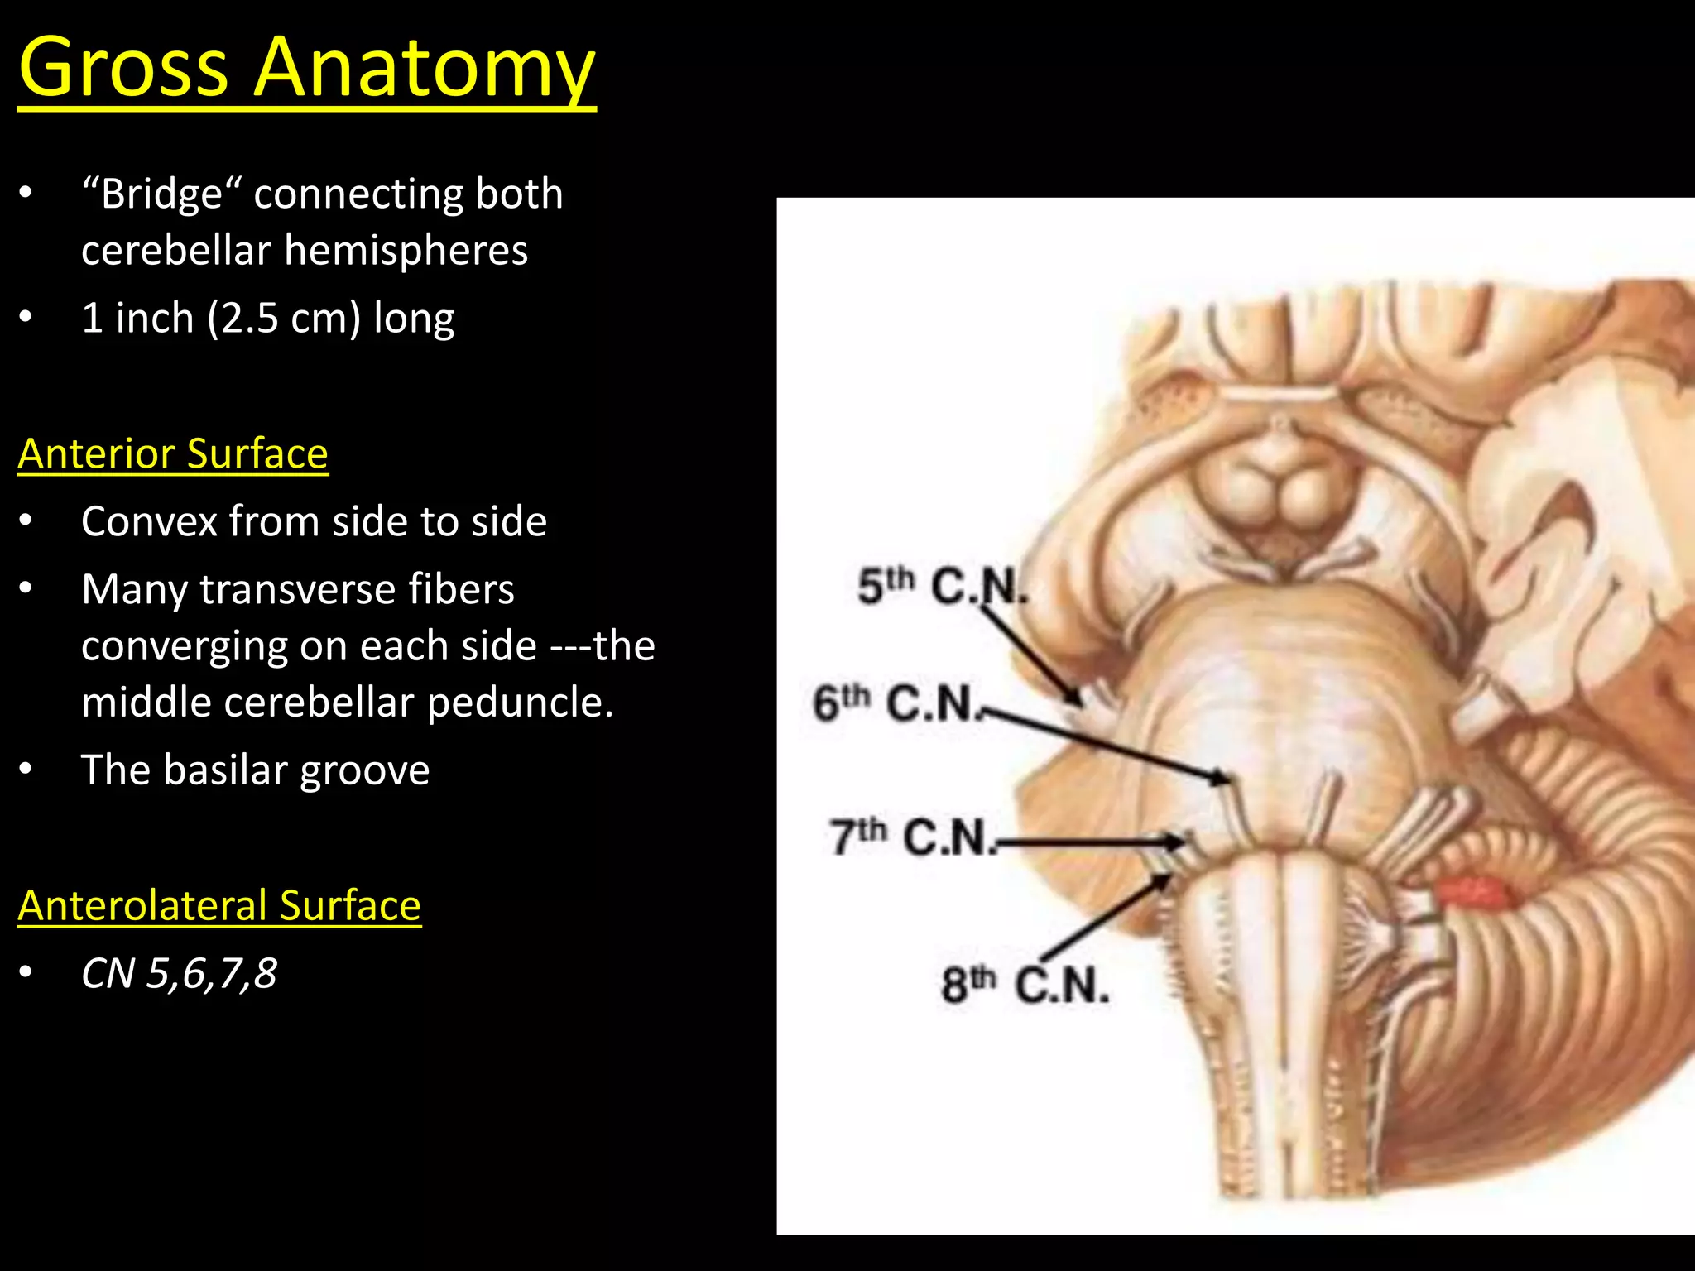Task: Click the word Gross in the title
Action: pyautogui.click(x=122, y=68)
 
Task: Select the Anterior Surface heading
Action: pyautogui.click(x=173, y=453)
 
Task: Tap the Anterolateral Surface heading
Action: pyautogui.click(x=219, y=905)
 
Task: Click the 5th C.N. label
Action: pyautogui.click(x=942, y=586)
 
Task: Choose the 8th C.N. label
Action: pyautogui.click(x=1025, y=985)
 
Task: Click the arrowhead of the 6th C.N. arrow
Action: pyautogui.click(x=1220, y=777)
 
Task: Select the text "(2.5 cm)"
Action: pyautogui.click(x=284, y=319)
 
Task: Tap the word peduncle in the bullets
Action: pyautogui.click(x=520, y=703)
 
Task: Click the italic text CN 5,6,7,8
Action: pyautogui.click(x=179, y=974)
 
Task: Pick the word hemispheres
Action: pyautogui.click(x=406, y=251)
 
